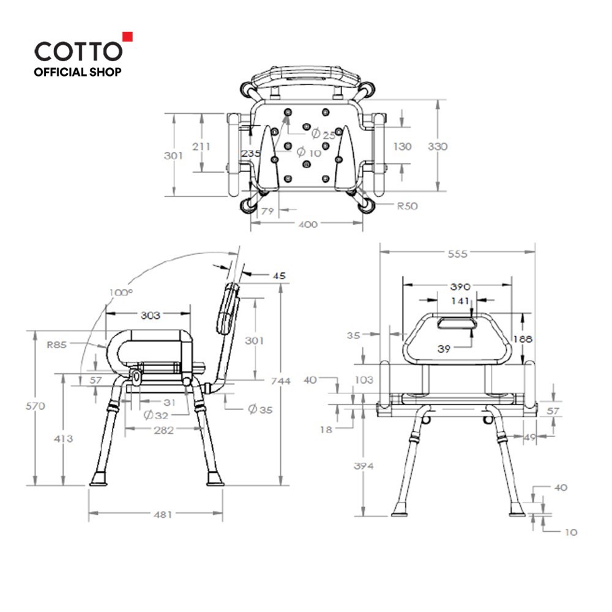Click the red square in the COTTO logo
click(128, 37)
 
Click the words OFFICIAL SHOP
click(77, 72)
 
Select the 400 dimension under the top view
click(308, 225)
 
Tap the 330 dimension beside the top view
click(438, 146)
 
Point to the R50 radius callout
click(407, 206)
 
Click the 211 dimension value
click(201, 146)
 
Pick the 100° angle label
click(121, 293)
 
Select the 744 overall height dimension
click(281, 381)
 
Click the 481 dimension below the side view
click(163, 515)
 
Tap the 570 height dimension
click(35, 406)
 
